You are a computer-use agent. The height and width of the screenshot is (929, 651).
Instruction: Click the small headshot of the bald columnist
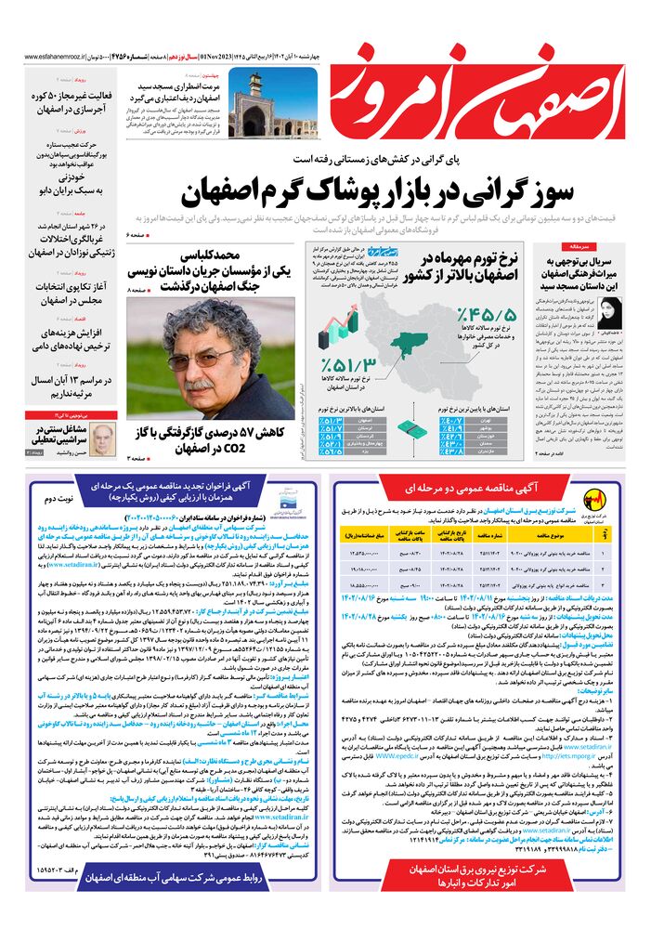click(104, 437)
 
